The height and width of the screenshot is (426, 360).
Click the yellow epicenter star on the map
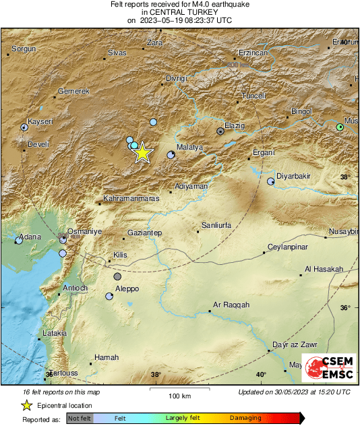(x=142, y=153)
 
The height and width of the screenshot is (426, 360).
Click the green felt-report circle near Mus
(x=340, y=127)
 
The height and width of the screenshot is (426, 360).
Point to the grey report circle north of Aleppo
(x=118, y=276)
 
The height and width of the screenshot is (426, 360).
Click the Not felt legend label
(x=80, y=418)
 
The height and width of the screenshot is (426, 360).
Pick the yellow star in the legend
(x=26, y=405)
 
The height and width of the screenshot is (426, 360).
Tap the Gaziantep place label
(x=145, y=233)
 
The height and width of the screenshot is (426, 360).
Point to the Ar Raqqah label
(x=231, y=305)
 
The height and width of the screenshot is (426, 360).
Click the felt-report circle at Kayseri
(x=24, y=127)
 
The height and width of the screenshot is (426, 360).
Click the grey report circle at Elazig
(x=220, y=131)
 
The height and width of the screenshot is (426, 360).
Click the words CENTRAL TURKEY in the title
(x=179, y=12)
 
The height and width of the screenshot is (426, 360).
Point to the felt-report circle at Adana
(x=19, y=240)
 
